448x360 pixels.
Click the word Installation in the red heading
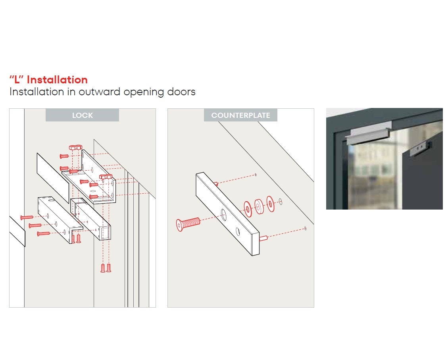pyautogui.click(x=57, y=80)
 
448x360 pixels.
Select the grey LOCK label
pyautogui.click(x=82, y=115)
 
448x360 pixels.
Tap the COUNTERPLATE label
pyautogui.click(x=240, y=115)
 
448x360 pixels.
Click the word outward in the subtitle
pyautogui.click(x=100, y=92)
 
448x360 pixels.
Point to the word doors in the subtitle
pyautogui.click(x=181, y=92)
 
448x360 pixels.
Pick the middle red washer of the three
pyautogui.click(x=259, y=206)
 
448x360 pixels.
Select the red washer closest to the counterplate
pyautogui.click(x=248, y=209)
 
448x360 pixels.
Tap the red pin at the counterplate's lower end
pyautogui.click(x=263, y=238)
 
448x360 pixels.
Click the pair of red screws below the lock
pyautogui.click(x=106, y=268)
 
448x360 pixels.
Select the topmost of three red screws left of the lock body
pyautogui.click(x=27, y=218)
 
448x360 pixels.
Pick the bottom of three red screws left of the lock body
pyautogui.click(x=44, y=234)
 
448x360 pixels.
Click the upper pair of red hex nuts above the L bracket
pyautogui.click(x=76, y=147)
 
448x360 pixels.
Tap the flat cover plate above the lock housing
pyautogui.click(x=53, y=178)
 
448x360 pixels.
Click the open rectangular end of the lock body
pyautogui.click(x=105, y=233)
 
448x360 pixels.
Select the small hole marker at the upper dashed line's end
pyautogui.click(x=256, y=175)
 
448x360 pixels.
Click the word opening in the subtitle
pyautogui.click(x=144, y=92)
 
